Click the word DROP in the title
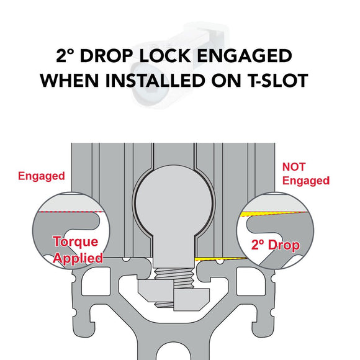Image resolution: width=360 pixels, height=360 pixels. click(106, 56)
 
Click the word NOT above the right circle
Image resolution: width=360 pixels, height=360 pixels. click(294, 167)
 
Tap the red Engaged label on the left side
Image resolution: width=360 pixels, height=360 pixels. click(42, 176)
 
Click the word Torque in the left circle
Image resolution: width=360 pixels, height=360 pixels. click(76, 242)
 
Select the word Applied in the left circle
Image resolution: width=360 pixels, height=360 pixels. click(78, 258)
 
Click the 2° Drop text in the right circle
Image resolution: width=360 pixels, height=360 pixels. click(276, 245)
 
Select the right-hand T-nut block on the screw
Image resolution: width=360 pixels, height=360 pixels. click(191, 299)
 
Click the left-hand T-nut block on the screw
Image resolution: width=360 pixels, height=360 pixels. click(156, 290)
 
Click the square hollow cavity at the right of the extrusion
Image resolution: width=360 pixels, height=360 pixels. click(251, 281)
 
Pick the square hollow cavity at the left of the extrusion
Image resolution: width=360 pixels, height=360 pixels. click(96, 281)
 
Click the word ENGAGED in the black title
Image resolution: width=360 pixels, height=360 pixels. click(245, 56)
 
